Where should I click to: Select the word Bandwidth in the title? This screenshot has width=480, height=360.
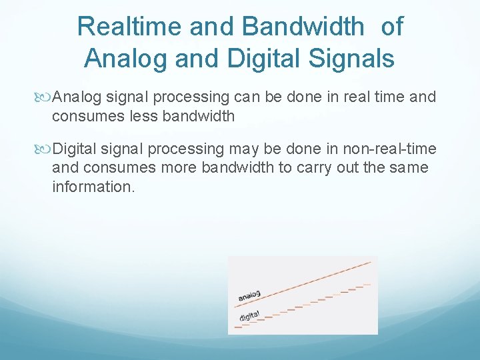pyautogui.click(x=303, y=27)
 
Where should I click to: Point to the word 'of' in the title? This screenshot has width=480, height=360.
pyautogui.click(x=392, y=27)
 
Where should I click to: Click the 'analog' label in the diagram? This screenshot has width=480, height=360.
pyautogui.click(x=249, y=295)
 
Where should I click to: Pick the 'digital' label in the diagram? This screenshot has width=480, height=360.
pyautogui.click(x=249, y=315)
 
